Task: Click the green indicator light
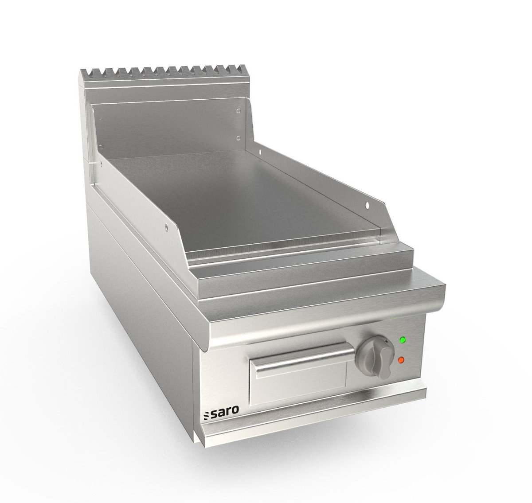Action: pyautogui.click(x=403, y=341)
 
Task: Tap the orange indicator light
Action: pyautogui.click(x=401, y=360)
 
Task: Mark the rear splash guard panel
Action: pyautogui.click(x=168, y=124)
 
